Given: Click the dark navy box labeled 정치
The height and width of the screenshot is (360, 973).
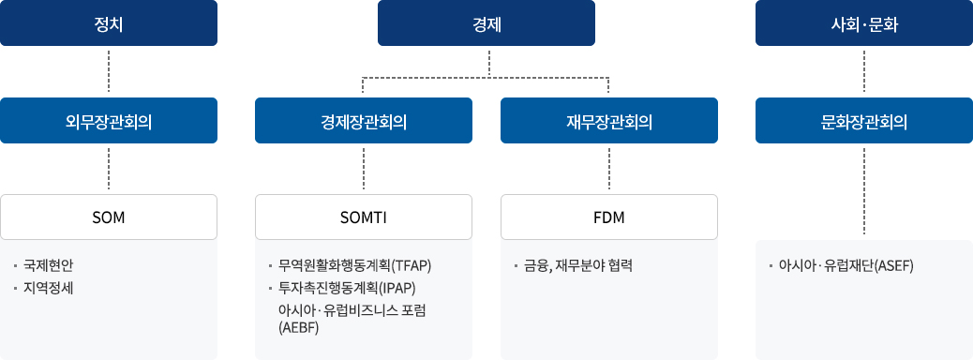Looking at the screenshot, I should tap(109, 23).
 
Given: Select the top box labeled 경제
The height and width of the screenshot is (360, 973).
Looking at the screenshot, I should tap(486, 23).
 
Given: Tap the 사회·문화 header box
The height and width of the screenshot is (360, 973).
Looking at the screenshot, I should tap(863, 23).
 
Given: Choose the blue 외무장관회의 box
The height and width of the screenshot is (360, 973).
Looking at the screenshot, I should tap(109, 121).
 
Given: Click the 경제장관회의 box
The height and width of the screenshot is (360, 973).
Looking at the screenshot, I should tap(363, 121).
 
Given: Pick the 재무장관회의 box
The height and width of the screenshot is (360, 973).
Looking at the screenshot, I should tap(609, 121).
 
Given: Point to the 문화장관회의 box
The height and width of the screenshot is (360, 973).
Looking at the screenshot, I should tap(863, 121).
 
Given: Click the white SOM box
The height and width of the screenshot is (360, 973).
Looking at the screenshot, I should tap(109, 217).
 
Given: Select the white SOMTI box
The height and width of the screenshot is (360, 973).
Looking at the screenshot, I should tap(363, 217).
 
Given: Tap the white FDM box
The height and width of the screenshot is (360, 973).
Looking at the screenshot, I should tap(609, 217).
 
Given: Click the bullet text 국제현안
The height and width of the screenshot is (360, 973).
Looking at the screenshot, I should tap(49, 265).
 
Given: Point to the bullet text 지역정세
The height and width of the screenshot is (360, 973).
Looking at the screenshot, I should tap(49, 287).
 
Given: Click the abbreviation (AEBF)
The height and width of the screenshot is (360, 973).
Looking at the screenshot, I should tap(299, 327).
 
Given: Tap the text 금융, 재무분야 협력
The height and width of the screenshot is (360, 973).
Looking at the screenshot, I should tap(579, 265).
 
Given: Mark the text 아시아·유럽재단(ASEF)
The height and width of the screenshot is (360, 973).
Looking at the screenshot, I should tap(846, 265).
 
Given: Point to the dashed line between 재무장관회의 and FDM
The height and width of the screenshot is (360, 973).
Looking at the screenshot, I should tap(609, 169).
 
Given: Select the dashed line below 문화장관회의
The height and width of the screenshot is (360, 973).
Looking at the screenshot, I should tap(863, 191).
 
